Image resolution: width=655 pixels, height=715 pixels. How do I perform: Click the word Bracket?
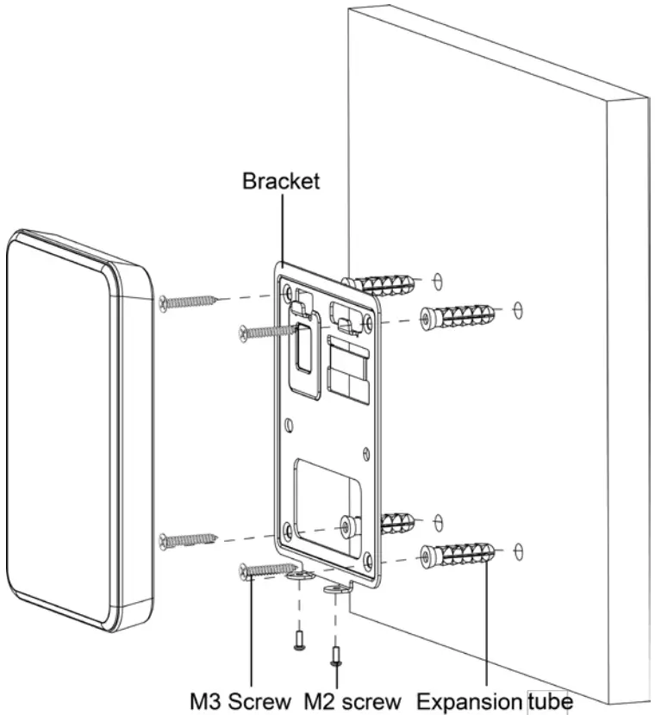(x=280, y=182)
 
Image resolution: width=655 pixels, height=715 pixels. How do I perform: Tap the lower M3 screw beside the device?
(x=187, y=541)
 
